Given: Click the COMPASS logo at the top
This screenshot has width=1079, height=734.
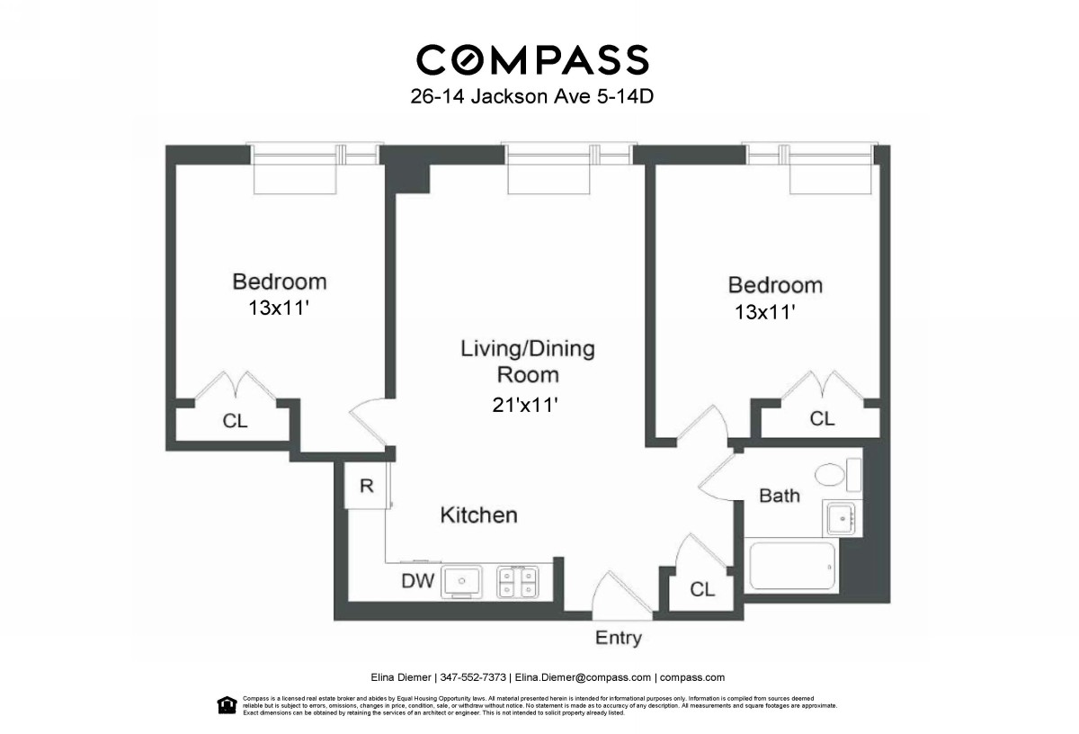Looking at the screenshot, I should click(x=531, y=59).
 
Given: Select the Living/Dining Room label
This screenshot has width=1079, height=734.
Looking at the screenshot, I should click(x=528, y=361).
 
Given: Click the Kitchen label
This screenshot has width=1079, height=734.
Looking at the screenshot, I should click(x=478, y=515).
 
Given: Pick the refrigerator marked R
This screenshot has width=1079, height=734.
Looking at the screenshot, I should click(x=366, y=487).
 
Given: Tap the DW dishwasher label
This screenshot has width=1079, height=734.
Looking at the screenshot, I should click(x=418, y=582).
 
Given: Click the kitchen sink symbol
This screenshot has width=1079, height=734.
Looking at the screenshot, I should click(x=462, y=580).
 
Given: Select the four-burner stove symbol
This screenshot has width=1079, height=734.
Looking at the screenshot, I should click(x=518, y=581).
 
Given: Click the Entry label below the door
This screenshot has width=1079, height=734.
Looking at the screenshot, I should click(x=619, y=639).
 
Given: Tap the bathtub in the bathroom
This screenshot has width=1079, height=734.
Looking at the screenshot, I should click(x=792, y=569).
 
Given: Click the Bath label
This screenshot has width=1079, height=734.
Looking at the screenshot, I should click(x=780, y=496).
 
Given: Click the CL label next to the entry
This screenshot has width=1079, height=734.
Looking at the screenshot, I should click(x=702, y=590).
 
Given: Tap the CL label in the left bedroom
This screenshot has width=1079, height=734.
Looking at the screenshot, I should click(x=235, y=421).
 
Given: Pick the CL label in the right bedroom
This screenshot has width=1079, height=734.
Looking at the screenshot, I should click(x=822, y=419).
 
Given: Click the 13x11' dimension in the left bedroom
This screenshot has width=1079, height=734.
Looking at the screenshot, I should click(x=280, y=309).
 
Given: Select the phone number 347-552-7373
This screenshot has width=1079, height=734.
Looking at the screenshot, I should click(x=474, y=678).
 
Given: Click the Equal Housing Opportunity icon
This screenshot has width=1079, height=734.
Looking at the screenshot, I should click(x=227, y=704).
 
